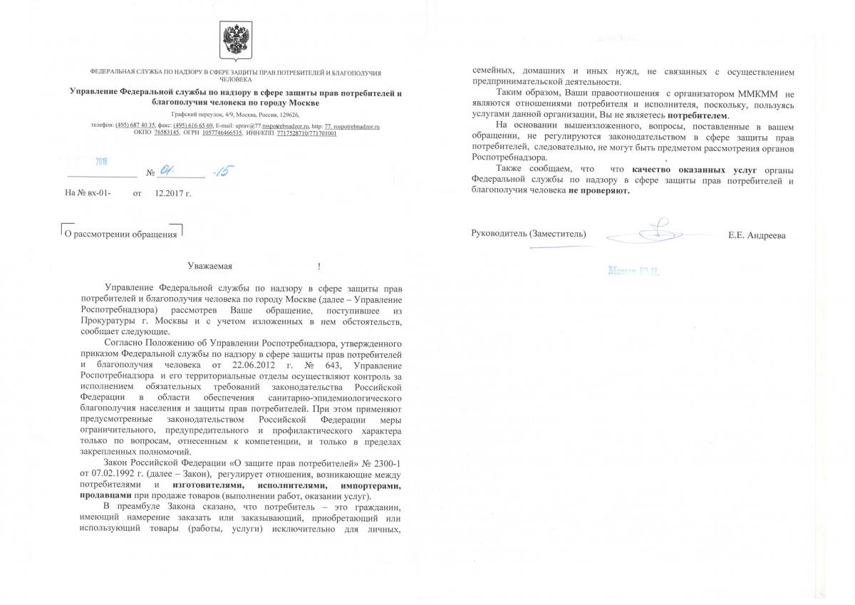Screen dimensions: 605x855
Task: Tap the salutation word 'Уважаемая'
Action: [210, 267]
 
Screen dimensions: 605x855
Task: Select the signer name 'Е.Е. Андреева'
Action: [757, 235]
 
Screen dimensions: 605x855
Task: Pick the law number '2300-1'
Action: [388, 465]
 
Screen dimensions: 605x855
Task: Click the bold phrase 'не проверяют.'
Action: [599, 191]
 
